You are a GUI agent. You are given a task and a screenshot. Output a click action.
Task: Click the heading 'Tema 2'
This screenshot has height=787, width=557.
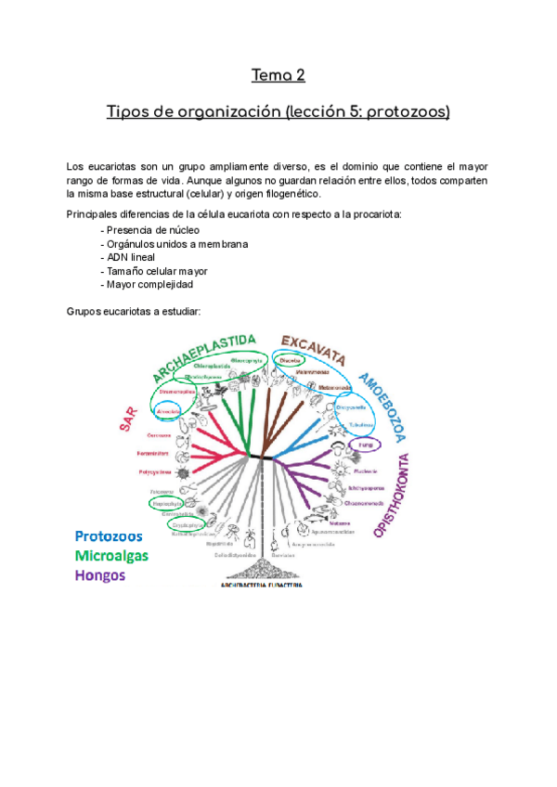[278, 75]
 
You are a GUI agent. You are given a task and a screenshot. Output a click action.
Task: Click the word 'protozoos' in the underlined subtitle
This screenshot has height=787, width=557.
[408, 112]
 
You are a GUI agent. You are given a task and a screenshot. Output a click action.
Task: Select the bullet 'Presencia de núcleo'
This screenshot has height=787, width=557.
[152, 229]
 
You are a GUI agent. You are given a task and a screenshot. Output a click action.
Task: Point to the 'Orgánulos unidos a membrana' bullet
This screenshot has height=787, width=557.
[175, 243]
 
